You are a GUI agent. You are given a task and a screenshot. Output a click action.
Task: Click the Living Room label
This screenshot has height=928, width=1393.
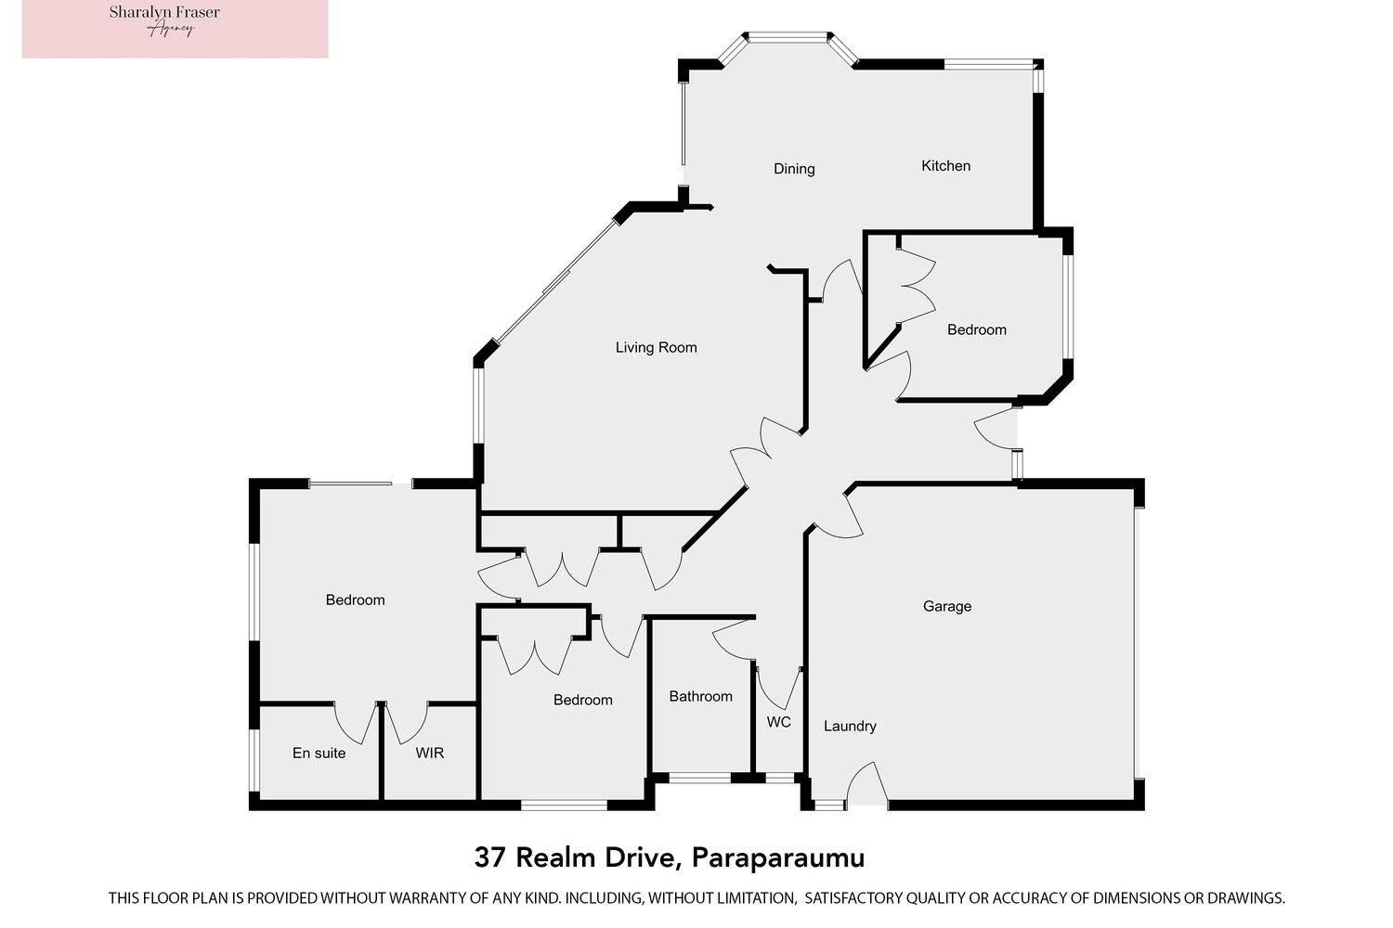point(656,347)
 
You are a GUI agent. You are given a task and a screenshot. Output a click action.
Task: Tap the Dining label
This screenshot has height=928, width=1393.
point(794,169)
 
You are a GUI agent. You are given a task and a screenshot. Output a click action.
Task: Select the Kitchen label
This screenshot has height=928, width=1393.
point(945,166)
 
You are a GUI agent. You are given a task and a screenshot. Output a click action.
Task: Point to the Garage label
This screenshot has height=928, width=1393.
point(947,606)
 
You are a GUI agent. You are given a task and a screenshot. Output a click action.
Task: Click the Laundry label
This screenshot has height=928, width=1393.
point(850,726)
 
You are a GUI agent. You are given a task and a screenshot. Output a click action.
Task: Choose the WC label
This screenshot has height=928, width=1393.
point(778,722)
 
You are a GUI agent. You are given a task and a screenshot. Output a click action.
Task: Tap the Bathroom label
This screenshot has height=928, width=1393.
point(700,696)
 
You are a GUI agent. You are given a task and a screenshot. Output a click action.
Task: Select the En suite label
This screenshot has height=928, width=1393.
point(319,753)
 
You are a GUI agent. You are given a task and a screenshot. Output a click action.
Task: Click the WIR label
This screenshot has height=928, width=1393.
point(429,753)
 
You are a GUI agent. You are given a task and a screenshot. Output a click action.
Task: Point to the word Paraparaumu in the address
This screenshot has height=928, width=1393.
point(778,857)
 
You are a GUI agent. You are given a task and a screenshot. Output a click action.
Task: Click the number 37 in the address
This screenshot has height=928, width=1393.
point(490,857)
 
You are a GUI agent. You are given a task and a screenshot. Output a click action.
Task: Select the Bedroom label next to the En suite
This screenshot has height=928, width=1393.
point(355,599)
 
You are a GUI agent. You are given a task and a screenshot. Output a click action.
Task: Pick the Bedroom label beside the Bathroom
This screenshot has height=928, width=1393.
point(582,700)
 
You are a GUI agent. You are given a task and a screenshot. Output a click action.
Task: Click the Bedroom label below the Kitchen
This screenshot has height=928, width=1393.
point(976,329)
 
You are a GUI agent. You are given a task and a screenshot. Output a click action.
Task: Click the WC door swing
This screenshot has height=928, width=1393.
point(778,687)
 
